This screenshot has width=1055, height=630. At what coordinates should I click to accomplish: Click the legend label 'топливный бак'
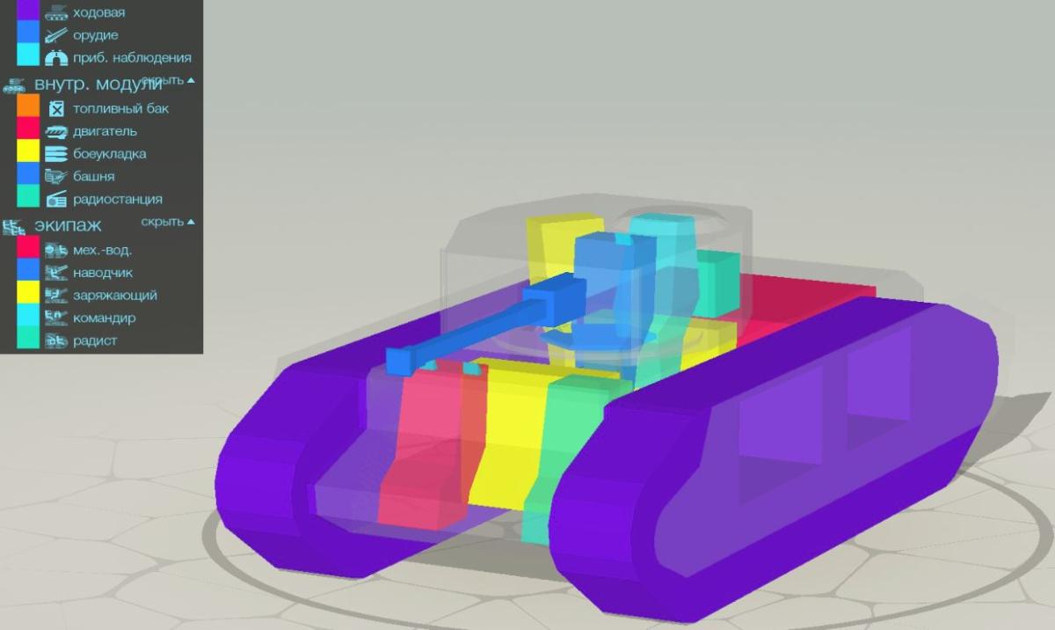point(120,109)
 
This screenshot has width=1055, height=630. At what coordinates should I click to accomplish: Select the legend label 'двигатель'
point(105,131)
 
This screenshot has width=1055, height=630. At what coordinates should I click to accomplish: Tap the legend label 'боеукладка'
point(110,154)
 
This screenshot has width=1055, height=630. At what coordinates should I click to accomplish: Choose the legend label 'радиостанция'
point(118,200)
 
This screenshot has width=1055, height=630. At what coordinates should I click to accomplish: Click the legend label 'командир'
point(104,318)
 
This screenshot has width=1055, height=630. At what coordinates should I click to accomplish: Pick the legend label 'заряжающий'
point(115,296)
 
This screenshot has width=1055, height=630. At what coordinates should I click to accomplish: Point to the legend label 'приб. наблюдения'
point(133,58)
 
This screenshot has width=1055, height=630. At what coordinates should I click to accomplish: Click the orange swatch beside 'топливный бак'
point(28,105)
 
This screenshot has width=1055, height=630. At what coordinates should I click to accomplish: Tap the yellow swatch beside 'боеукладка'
point(28,150)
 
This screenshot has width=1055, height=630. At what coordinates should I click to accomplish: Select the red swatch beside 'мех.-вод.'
point(28,247)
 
